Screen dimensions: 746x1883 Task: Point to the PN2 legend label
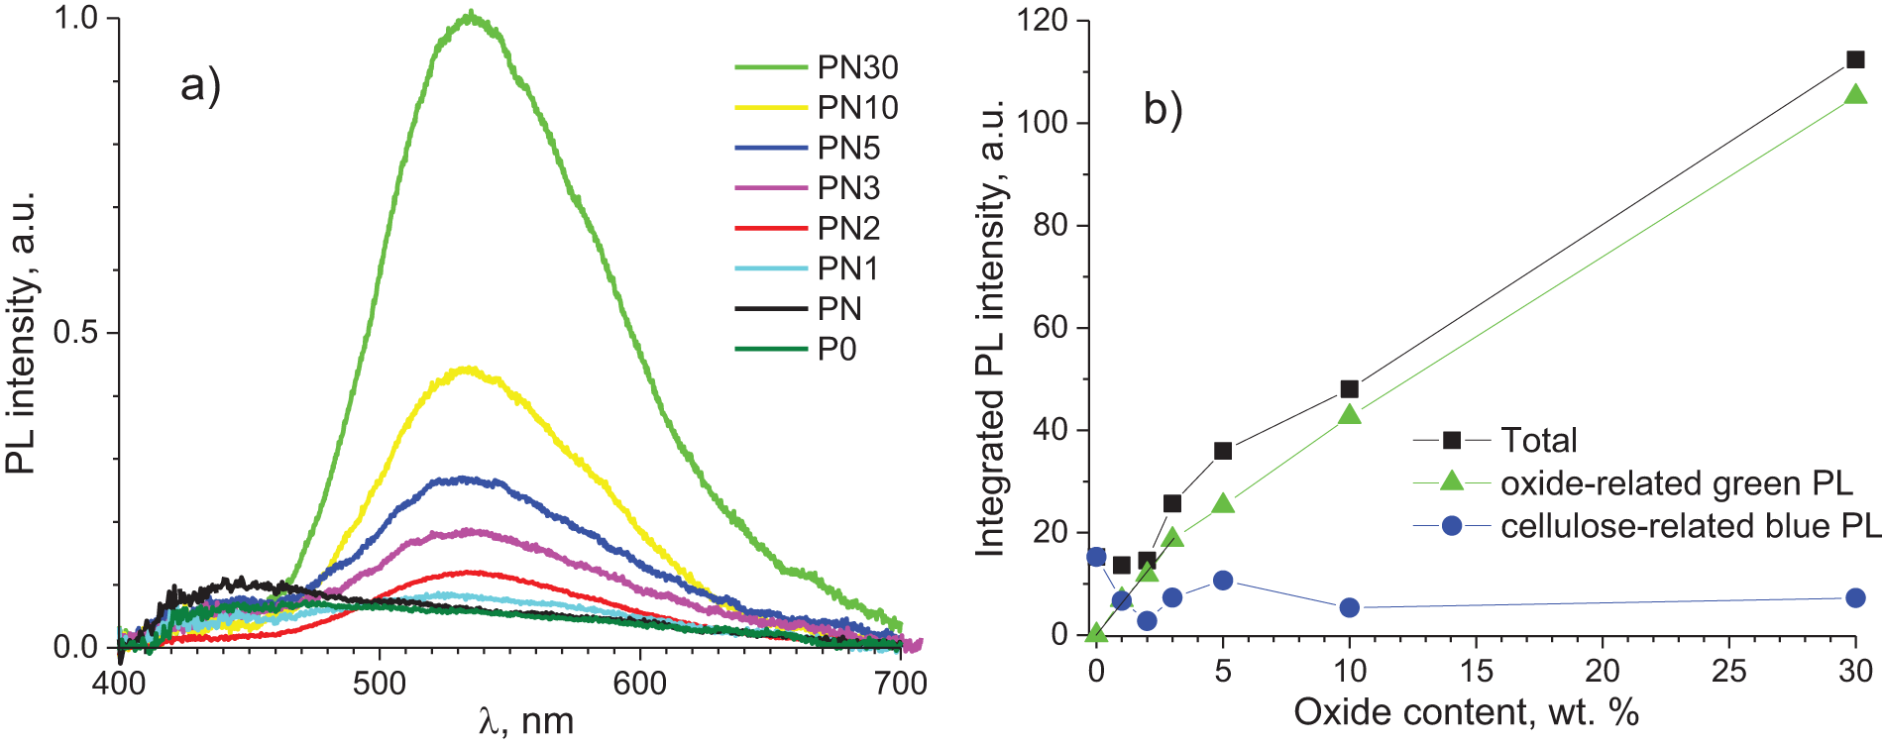click(848, 228)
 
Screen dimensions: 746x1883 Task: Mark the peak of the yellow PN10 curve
click(468, 371)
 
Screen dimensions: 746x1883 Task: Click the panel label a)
click(200, 85)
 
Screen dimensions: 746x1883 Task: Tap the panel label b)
click(1163, 108)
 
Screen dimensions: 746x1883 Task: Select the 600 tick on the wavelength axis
click(639, 684)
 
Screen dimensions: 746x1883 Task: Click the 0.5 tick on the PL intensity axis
click(76, 332)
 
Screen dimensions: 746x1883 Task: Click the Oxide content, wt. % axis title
click(1467, 711)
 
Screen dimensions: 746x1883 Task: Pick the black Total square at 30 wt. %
click(1855, 59)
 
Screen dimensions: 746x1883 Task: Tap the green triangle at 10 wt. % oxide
click(1349, 414)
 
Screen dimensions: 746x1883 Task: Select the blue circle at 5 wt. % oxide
click(1223, 581)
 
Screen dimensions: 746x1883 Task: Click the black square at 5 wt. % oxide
click(1223, 451)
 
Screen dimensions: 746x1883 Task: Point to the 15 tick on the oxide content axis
click(1476, 671)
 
